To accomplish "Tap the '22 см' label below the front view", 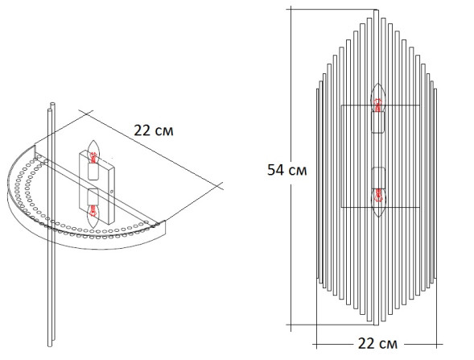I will point(377,343).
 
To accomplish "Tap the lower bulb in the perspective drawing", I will point(93,211).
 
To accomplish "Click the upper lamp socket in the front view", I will point(378,122).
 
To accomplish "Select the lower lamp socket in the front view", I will point(378,176).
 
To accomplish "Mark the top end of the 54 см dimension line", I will point(293,10).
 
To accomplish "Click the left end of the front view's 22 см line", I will point(316,342).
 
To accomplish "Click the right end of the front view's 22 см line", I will point(438,342).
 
